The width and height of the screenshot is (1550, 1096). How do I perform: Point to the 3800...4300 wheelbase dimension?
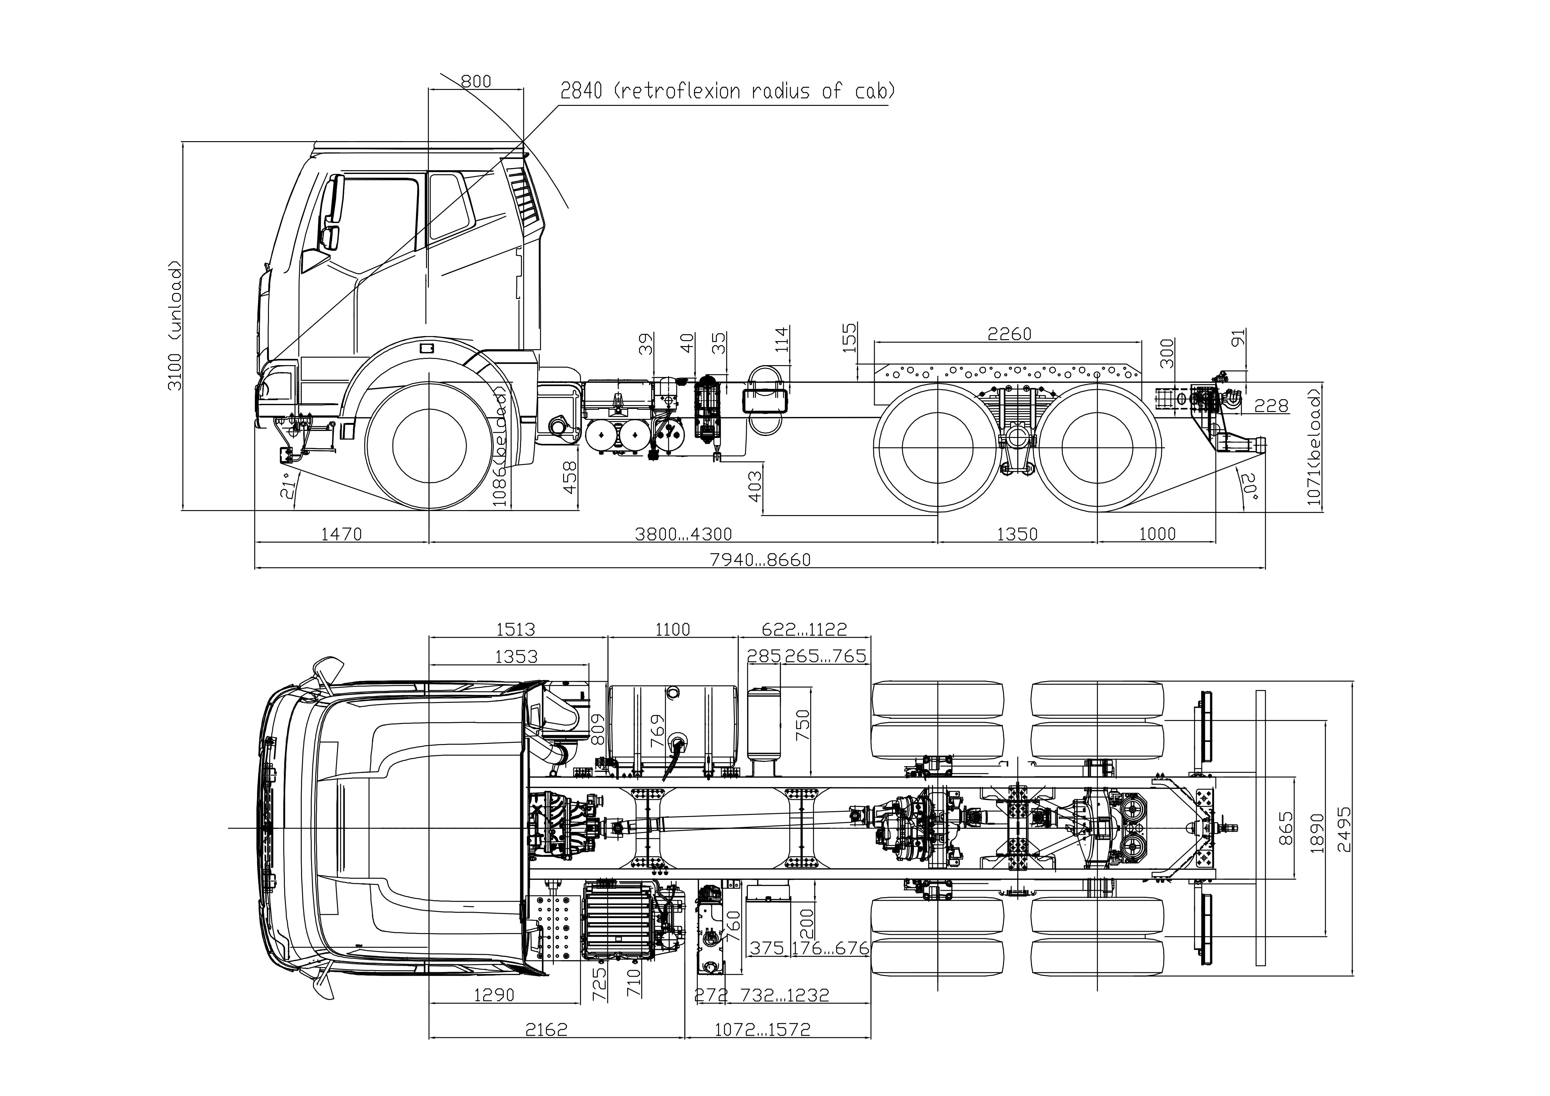point(683,534)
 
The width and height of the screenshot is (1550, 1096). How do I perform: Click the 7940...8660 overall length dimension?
point(760,560)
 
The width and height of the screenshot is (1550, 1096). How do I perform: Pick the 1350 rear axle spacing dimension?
point(1017,534)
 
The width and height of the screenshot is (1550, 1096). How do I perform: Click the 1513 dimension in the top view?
point(516,629)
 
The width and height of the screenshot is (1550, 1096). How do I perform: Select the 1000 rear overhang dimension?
point(1157,534)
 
